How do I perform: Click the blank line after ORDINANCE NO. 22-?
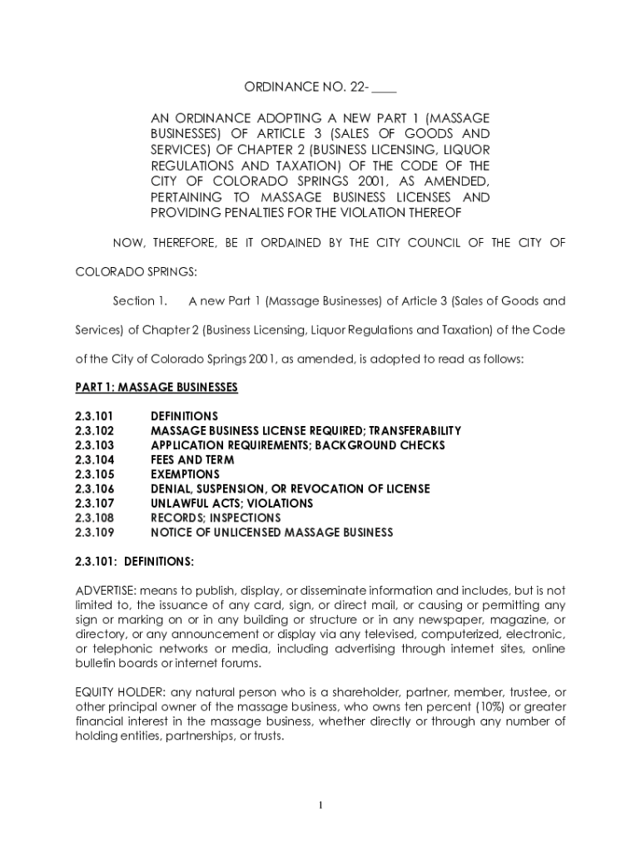(385, 88)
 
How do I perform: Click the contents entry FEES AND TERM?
(192, 459)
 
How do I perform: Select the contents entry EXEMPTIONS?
(185, 474)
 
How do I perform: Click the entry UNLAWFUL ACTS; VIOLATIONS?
(231, 503)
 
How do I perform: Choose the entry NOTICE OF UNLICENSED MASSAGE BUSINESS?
(271, 532)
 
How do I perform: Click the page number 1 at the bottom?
(320, 805)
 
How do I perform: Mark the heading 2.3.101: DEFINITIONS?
(134, 562)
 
